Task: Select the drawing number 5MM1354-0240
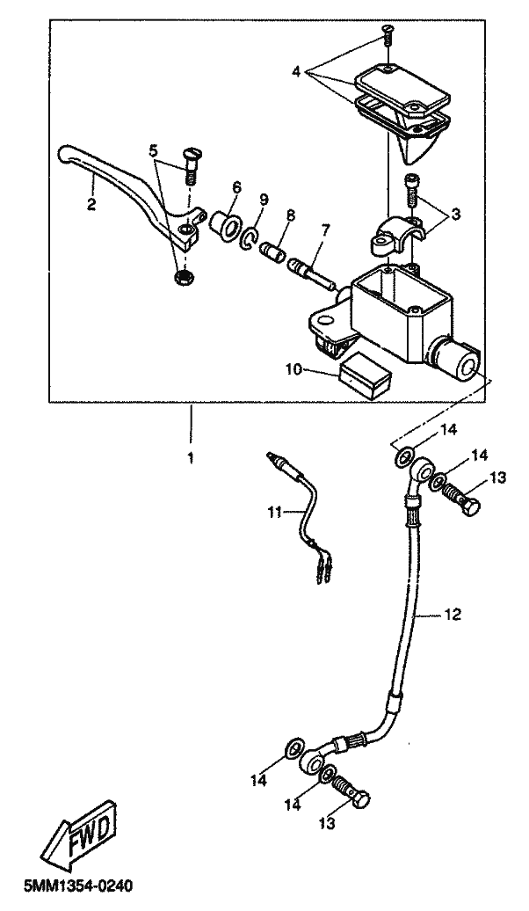78,886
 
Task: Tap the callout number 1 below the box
190,458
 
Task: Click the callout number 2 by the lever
91,205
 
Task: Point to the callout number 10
293,369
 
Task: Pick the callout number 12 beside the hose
453,614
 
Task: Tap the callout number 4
296,72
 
